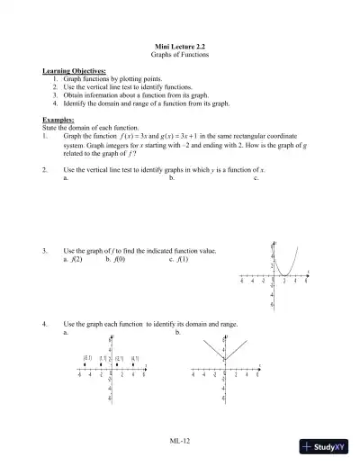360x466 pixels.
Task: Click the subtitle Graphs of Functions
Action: point(180,55)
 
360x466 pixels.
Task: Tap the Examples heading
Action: point(59,120)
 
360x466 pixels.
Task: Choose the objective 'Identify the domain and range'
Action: point(135,103)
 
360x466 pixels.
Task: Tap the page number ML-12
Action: point(179,440)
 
